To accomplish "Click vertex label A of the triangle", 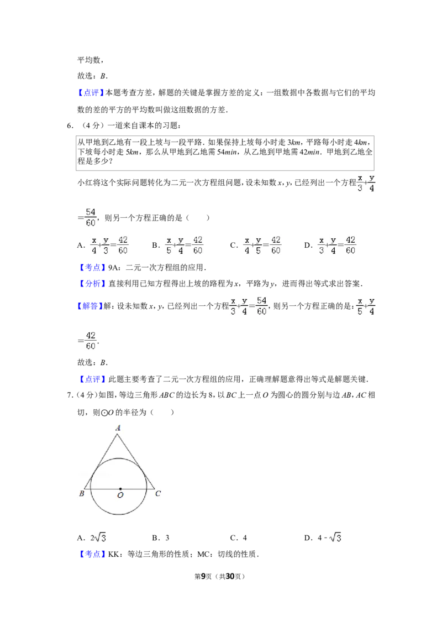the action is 118,428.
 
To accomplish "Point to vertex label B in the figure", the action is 81,493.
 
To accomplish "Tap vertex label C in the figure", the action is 158,493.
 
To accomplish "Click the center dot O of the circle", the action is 120,489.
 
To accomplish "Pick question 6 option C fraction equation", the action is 262,245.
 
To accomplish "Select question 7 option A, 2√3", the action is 98,538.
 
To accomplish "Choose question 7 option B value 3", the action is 167,538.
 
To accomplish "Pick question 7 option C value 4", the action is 245,538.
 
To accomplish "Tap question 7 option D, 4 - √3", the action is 329,538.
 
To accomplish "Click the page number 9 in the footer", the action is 203,576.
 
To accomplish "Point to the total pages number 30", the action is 230,576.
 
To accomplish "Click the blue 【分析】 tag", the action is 92,284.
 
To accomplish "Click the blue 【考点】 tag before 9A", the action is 92,267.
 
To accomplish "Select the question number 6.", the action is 70,126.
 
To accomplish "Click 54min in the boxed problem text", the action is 227,152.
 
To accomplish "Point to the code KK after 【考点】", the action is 114,554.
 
